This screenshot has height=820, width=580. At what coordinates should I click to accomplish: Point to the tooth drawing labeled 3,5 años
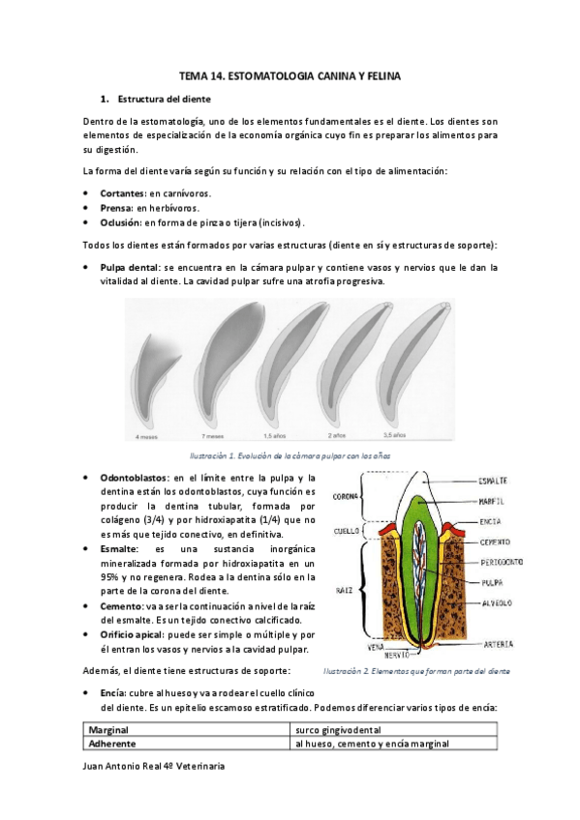[x=425, y=358]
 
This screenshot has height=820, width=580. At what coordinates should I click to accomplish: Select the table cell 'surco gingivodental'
[x=339, y=729]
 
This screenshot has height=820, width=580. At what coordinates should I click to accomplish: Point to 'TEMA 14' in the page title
[x=205, y=74]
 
